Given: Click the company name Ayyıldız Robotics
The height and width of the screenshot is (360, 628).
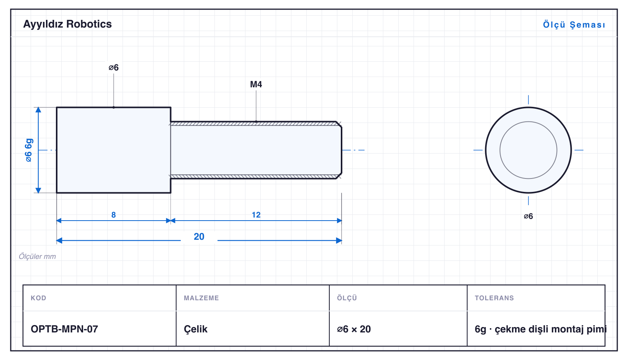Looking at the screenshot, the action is [67, 24].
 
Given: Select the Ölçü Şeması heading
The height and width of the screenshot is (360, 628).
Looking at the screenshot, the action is [574, 25].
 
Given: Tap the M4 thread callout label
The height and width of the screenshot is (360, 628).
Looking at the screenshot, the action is [256, 84].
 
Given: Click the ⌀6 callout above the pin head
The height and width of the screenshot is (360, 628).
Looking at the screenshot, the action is [114, 67].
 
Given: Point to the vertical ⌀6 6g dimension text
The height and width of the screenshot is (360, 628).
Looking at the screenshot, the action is [29, 150].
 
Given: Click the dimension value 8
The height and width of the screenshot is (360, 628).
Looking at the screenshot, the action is [114, 215].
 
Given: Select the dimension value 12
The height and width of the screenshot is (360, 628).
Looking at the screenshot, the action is [256, 215].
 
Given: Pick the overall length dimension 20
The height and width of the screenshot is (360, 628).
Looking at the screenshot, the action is [199, 237].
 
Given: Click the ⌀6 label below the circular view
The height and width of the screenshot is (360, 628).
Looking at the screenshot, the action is [528, 216].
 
